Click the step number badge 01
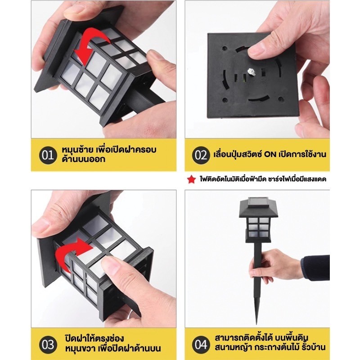click(x=48, y=155)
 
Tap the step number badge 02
click(x=201, y=155)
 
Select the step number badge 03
click(x=48, y=345)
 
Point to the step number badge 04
click(x=201, y=345)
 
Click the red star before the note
click(x=191, y=179)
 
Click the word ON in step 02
click(x=270, y=154)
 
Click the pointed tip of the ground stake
click(x=257, y=324)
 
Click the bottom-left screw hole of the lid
click(x=225, y=100)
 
